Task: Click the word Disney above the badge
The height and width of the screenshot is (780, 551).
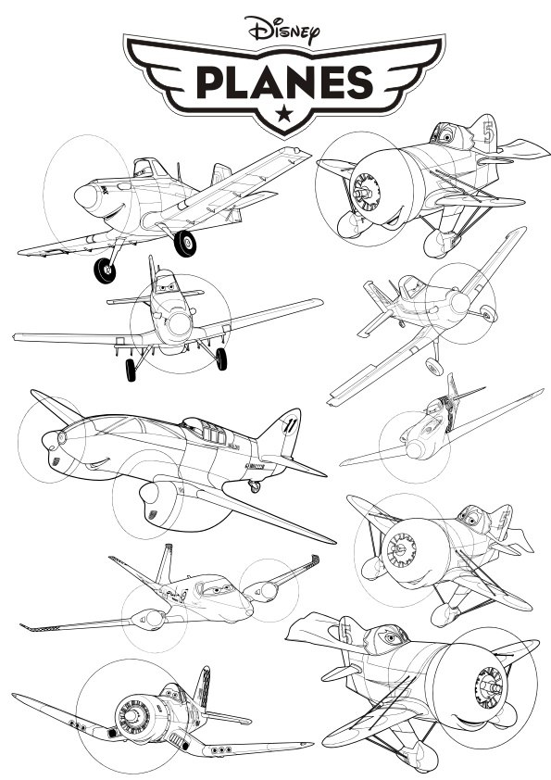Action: click(281, 30)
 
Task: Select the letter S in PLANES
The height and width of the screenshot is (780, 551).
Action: click(360, 82)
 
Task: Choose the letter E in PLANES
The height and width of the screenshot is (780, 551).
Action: click(332, 82)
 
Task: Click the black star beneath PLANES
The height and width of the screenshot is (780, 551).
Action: click(284, 114)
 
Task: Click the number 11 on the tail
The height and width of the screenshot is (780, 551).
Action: click(288, 424)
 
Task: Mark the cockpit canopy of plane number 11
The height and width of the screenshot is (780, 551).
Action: click(208, 432)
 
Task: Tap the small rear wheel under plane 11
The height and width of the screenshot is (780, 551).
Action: click(255, 486)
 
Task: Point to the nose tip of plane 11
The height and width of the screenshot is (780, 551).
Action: click(50, 441)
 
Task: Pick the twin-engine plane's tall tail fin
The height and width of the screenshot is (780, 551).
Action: click(165, 563)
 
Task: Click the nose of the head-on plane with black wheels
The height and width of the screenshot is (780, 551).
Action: click(179, 323)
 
